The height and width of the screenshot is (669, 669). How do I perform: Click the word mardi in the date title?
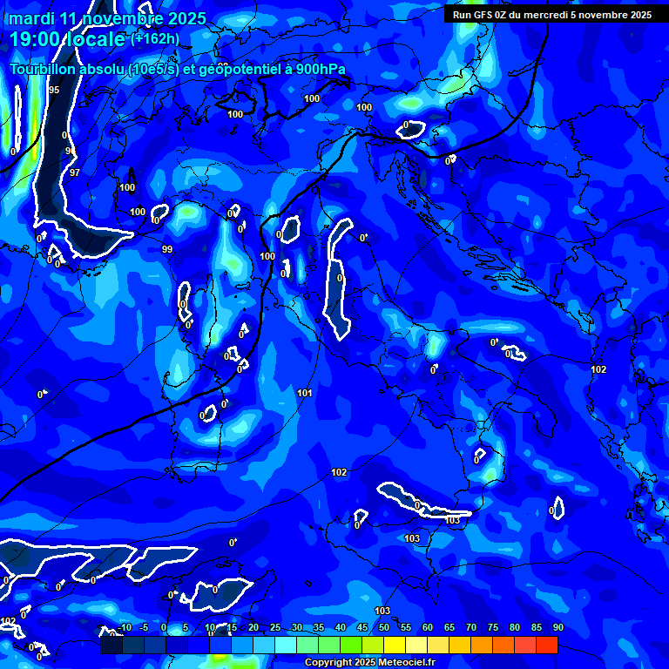point(32,18)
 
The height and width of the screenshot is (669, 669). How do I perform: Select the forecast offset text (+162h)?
point(155,38)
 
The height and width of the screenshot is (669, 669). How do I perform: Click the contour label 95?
point(54,90)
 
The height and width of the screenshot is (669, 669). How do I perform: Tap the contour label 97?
point(75,172)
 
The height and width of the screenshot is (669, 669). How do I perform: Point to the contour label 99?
point(167,249)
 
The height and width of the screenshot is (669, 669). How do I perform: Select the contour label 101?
point(304,394)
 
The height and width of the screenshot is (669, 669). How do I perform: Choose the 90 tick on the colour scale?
point(557,628)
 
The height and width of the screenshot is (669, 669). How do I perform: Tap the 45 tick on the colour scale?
point(362,628)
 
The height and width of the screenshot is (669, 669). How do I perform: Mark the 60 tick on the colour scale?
point(427,628)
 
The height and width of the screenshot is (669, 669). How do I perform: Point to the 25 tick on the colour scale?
point(274,628)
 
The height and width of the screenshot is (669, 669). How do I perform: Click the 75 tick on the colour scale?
point(492,628)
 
